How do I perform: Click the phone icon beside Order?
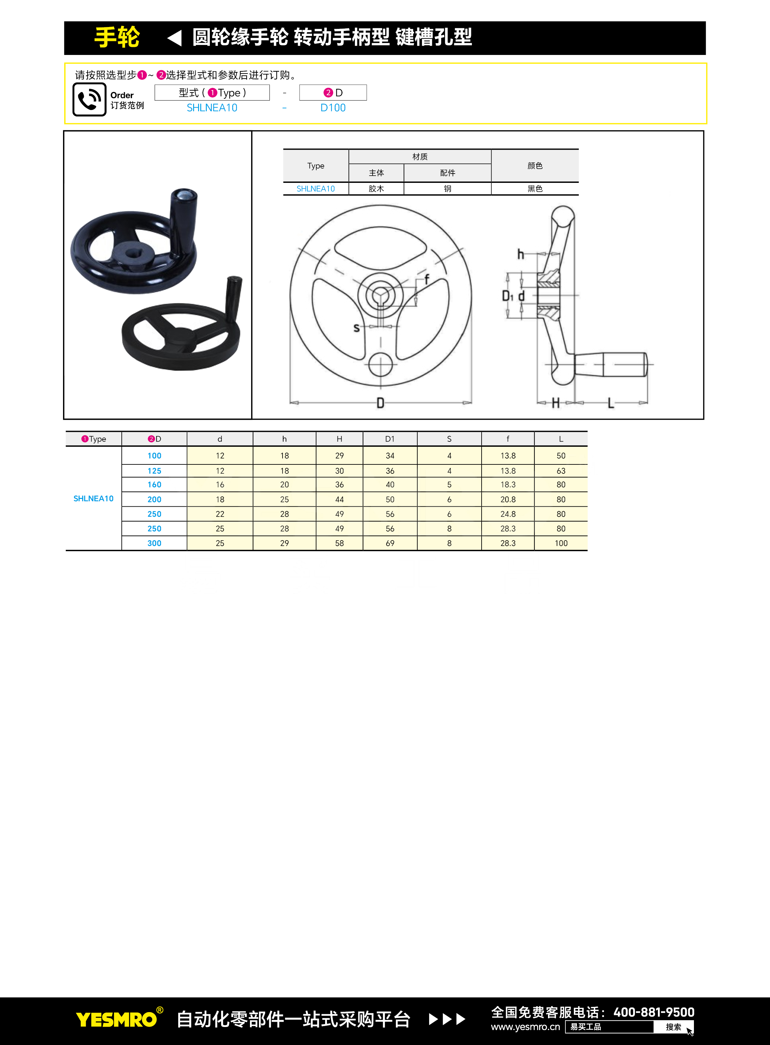coord(89,99)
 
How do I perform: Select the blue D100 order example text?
coord(333,108)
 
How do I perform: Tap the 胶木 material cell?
coord(376,189)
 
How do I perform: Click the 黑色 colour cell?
coord(535,189)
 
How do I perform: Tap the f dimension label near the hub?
coord(427,279)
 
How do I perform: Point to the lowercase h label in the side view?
coord(521,254)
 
